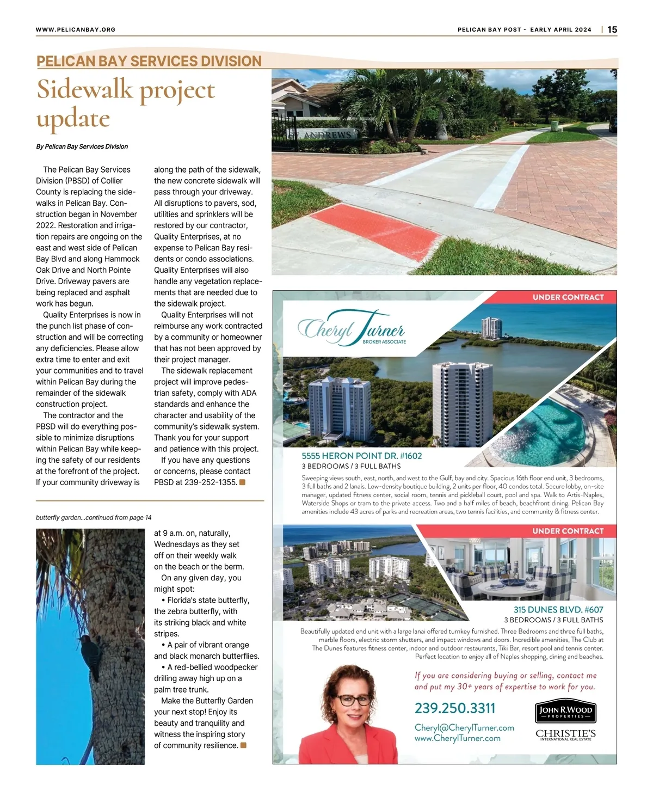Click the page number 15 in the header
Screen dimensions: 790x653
click(612, 29)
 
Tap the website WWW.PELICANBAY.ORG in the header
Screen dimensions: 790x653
click(76, 29)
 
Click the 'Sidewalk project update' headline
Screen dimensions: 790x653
click(126, 104)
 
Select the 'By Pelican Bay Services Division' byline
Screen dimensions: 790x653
click(82, 146)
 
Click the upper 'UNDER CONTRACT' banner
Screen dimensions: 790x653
click(568, 297)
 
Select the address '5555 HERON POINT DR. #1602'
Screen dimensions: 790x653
click(362, 456)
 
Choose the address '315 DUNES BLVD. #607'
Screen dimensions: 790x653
click(558, 610)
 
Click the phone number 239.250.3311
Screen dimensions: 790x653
click(455, 708)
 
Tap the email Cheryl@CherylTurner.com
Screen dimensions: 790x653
click(464, 728)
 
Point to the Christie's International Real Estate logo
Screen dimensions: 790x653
click(565, 735)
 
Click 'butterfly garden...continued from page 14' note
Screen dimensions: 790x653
click(94, 518)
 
